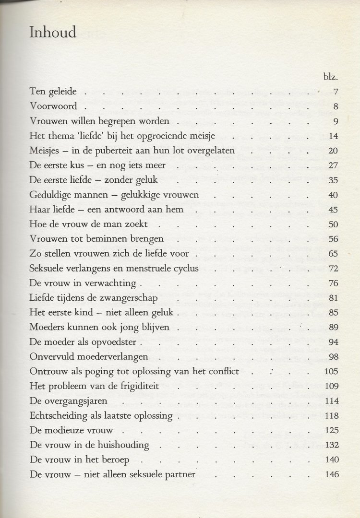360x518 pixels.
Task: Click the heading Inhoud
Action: pyautogui.click(x=53, y=33)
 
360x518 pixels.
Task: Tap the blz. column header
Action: pyautogui.click(x=331, y=76)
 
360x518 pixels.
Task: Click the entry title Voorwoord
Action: pyautogui.click(x=53, y=106)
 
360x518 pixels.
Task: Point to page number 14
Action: pyautogui.click(x=334, y=136)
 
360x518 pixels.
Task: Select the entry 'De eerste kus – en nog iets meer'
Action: pyautogui.click(x=97, y=165)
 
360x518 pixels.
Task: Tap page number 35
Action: pyautogui.click(x=334, y=180)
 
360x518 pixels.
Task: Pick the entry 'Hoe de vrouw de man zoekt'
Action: pyautogui.click(x=88, y=224)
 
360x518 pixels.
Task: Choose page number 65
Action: pyautogui.click(x=334, y=254)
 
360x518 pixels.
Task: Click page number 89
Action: pyautogui.click(x=334, y=328)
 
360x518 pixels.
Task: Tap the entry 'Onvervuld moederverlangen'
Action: pyautogui.click(x=88, y=357)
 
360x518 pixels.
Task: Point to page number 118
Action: pyautogui.click(x=332, y=416)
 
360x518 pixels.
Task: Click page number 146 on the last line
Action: pyautogui.click(x=332, y=474)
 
